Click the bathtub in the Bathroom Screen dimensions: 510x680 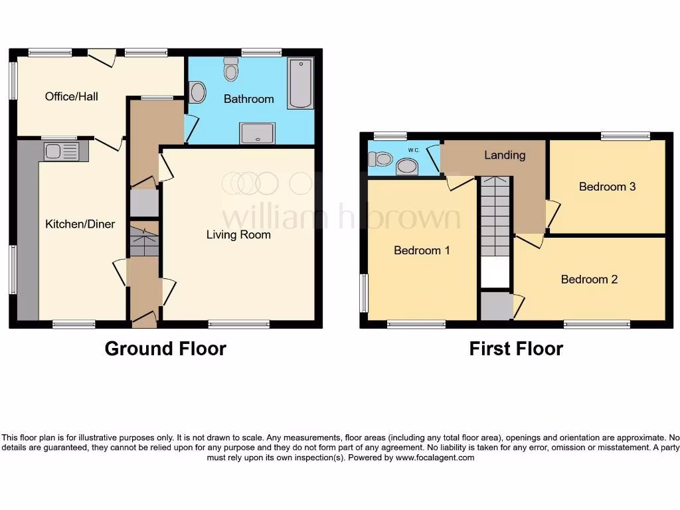300,84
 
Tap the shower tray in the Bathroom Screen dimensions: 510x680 258,133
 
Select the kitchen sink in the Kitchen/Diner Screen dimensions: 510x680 60,151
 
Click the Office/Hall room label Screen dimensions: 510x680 71,96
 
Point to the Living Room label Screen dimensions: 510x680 238,234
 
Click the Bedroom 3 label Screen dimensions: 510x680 607,187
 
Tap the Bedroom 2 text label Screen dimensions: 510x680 589,279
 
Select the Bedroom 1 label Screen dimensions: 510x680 422,250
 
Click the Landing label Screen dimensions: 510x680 505,155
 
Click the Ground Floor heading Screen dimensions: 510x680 165,349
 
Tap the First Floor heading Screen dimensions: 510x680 516,349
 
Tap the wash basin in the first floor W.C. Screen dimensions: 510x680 406,166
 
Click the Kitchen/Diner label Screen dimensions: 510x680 80,224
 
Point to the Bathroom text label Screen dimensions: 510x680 248,99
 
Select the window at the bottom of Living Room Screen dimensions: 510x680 238,325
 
